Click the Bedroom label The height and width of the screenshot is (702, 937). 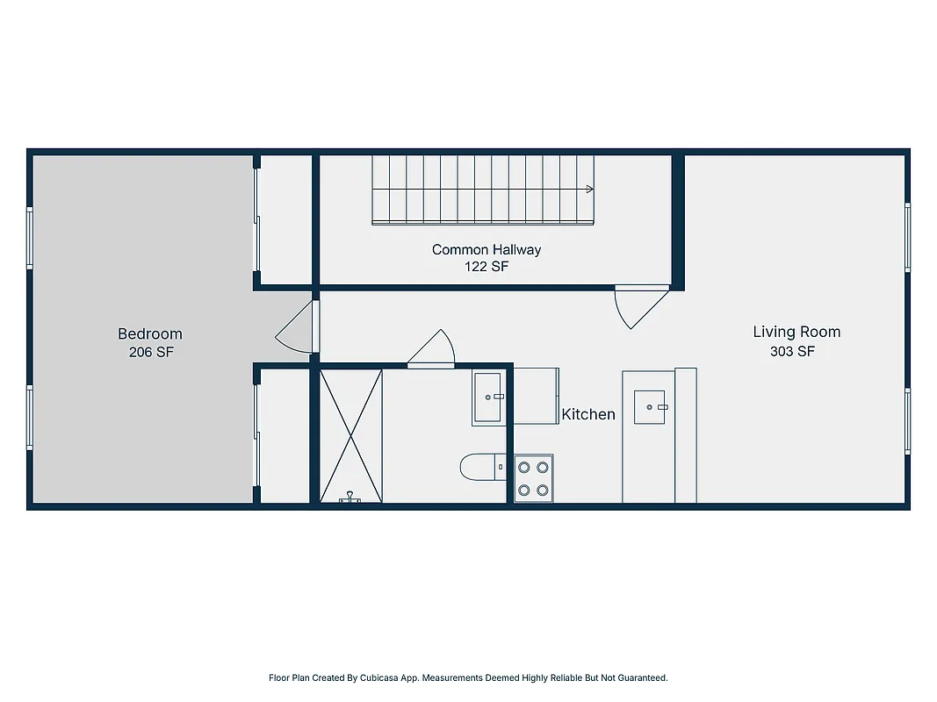[x=150, y=333]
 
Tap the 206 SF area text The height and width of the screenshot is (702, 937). [x=150, y=352]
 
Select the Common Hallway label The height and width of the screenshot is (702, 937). [x=487, y=249]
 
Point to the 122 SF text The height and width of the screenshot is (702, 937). [x=487, y=267]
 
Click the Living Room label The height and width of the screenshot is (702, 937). [x=796, y=332]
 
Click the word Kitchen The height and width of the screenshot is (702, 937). [x=588, y=414]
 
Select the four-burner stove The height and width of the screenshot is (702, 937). [x=534, y=478]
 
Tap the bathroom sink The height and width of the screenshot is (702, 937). [x=488, y=398]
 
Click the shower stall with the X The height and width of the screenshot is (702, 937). [x=350, y=434]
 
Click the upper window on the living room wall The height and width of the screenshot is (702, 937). [x=907, y=237]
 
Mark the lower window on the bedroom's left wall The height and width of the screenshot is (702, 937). [x=30, y=419]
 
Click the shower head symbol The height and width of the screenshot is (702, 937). [x=351, y=498]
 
